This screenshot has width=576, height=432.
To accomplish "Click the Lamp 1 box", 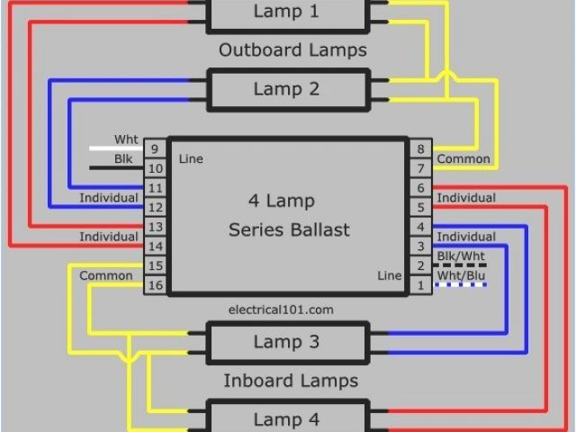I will [286, 12].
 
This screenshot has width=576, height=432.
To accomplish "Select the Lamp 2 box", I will [286, 89].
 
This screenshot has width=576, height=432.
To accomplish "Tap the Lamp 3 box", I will [286, 342].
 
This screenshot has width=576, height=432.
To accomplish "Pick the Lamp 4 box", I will [286, 419].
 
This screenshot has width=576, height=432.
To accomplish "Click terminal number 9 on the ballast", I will [155, 148].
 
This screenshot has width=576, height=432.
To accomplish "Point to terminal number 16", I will [155, 285].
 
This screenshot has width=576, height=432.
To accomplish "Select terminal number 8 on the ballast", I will [418, 148].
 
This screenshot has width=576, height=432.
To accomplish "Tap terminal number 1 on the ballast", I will [418, 285].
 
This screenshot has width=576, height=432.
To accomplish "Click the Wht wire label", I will [126, 139].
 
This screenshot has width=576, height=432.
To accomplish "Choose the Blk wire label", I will [123, 159].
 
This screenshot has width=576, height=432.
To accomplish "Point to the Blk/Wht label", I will [461, 256].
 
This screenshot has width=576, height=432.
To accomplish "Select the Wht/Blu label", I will [461, 275].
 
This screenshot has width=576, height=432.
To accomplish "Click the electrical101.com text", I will [282, 309].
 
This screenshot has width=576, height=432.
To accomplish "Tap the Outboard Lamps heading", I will [293, 50].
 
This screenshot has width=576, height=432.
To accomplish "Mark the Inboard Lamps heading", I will [290, 381].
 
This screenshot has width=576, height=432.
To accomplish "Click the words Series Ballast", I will [288, 229].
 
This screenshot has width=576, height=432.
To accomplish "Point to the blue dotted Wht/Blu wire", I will [461, 285].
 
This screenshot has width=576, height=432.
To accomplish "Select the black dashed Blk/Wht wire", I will [461, 265].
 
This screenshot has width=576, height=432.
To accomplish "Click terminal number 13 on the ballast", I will [155, 227].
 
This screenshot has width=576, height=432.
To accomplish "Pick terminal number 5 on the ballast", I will [418, 207].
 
